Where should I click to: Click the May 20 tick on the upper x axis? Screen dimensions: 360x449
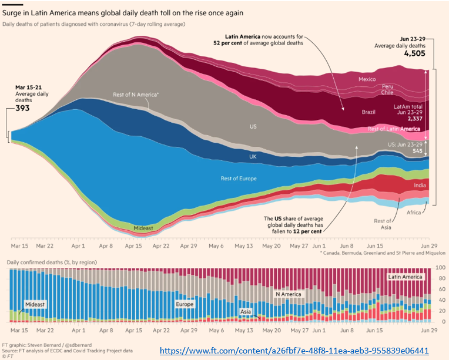(x=272, y=247)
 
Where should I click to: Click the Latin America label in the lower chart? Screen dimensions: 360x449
(x=404, y=276)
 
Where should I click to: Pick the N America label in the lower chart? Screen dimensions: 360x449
(x=288, y=294)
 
